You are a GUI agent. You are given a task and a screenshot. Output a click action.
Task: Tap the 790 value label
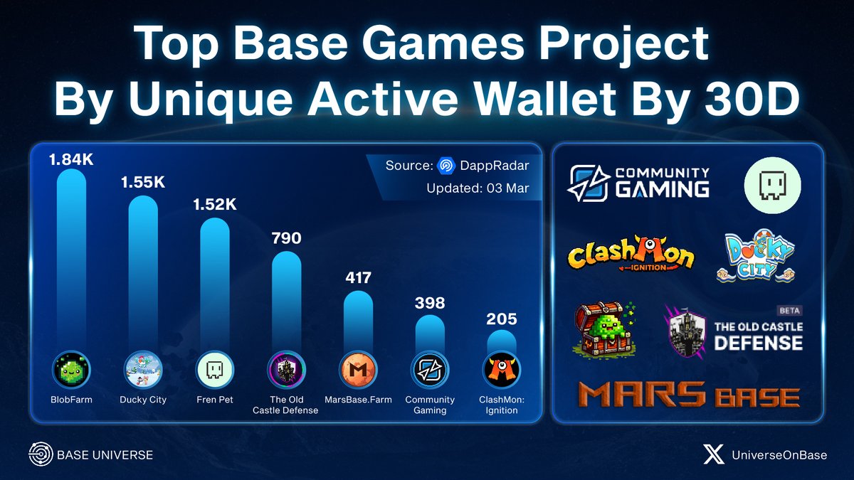click(x=286, y=238)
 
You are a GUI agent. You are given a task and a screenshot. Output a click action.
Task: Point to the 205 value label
click(x=502, y=319)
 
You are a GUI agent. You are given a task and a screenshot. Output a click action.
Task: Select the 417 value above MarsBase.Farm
click(x=358, y=277)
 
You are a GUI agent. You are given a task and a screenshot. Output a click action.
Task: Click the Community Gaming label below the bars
click(x=430, y=405)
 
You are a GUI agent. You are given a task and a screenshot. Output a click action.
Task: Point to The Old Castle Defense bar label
click(x=286, y=405)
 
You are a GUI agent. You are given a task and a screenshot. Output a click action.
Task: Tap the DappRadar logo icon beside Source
click(x=446, y=166)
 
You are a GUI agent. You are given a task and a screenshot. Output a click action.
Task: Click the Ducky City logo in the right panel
click(x=759, y=255)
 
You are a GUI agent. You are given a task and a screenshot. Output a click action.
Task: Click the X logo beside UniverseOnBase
click(x=712, y=454)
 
